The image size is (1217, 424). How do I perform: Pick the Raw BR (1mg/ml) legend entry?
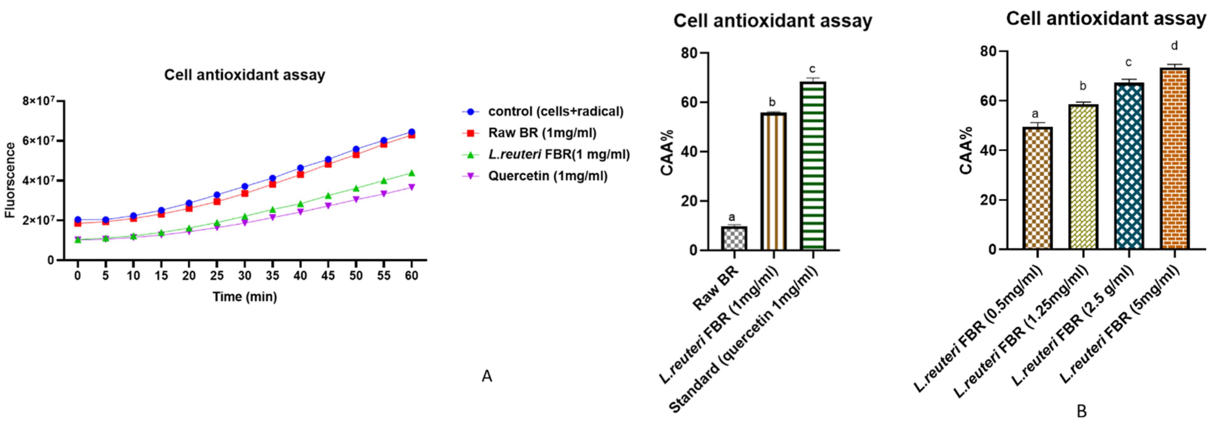coord(542,133)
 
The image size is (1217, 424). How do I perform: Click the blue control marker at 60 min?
coord(411,132)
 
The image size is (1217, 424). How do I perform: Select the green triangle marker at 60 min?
coord(411,173)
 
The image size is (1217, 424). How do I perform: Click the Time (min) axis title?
coord(244,297)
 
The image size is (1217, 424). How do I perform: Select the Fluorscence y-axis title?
coord(10,180)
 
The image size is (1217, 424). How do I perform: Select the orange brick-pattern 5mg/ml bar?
coord(1173,159)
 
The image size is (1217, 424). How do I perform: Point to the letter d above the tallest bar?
coord(1174,46)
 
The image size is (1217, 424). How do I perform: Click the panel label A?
coord(487,376)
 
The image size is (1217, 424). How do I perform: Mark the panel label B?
coord(1081,412)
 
